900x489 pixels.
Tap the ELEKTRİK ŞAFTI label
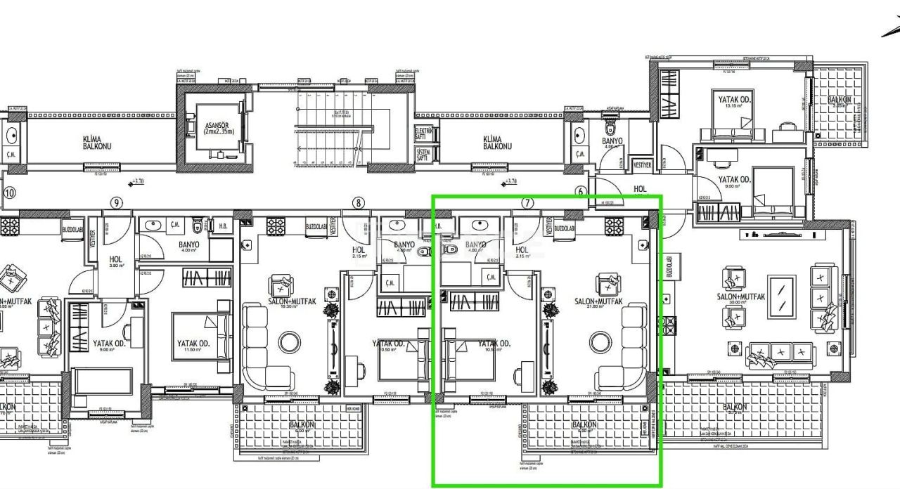pos(424,133)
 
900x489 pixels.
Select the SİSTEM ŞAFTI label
pos(424,155)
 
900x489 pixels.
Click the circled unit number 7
pos(527,204)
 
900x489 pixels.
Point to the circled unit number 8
pos(359,204)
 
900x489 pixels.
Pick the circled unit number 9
pos(117,204)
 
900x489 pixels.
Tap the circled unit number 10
pos(9,193)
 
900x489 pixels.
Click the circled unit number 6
pos(581,192)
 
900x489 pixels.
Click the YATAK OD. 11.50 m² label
pos(194,346)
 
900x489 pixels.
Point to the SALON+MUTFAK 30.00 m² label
pos(740,298)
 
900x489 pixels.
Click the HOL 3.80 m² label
pos(115,261)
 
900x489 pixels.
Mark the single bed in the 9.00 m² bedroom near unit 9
pos(103,380)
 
